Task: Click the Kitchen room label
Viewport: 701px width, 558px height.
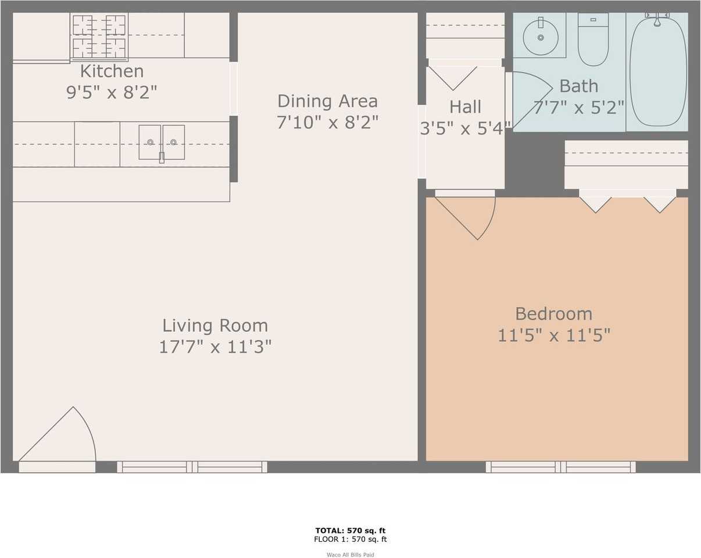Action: [x=112, y=71]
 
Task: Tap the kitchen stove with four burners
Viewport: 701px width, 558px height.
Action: [x=99, y=36]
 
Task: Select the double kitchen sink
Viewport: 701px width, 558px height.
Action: [x=162, y=142]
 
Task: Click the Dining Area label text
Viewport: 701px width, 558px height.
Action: [x=327, y=101]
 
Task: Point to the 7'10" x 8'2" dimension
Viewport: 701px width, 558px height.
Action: [x=327, y=123]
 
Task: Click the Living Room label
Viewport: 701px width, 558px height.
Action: [x=215, y=325]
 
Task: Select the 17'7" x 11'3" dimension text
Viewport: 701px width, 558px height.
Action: [x=215, y=347]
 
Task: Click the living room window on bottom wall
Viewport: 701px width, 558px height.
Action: [x=192, y=467]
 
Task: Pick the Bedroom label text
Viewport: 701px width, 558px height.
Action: [x=553, y=314]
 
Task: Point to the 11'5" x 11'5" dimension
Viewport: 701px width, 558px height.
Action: [x=553, y=335]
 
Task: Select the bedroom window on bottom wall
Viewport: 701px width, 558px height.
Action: [x=560, y=467]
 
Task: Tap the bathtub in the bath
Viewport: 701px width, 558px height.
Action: [x=658, y=71]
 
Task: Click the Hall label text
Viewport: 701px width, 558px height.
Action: [x=465, y=107]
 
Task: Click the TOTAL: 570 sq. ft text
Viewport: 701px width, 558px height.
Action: [x=350, y=530]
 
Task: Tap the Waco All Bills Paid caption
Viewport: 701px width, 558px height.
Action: [x=350, y=555]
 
